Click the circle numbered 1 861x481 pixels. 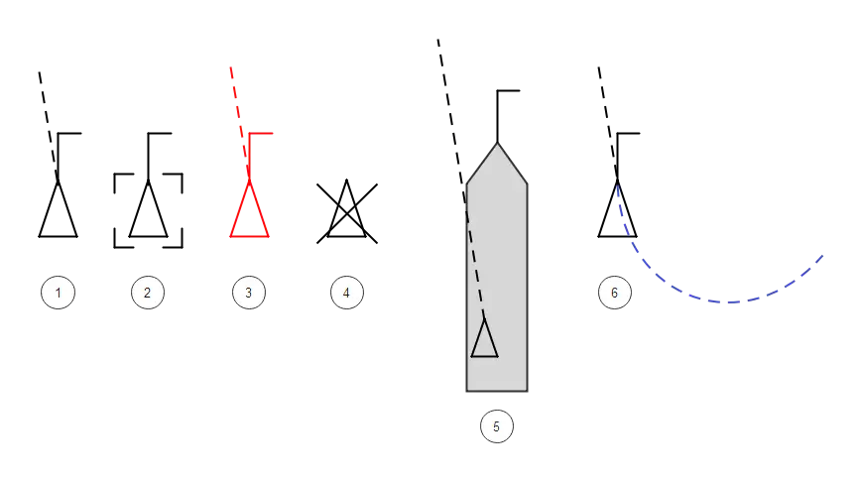pyautogui.click(x=59, y=293)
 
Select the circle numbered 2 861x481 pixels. pyautogui.click(x=147, y=293)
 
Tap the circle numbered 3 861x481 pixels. pyautogui.click(x=248, y=293)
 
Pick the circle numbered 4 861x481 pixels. pyautogui.click(x=346, y=293)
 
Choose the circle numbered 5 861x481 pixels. pyautogui.click(x=496, y=426)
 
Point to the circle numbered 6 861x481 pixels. pyautogui.click(x=614, y=293)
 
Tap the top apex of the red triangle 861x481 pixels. pyautogui.click(x=249, y=180)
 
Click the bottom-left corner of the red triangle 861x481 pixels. pyautogui.click(x=231, y=236)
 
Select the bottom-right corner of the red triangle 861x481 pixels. pyautogui.click(x=268, y=236)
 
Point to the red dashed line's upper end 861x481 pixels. pyautogui.click(x=230, y=66)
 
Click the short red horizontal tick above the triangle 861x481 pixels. pyautogui.click(x=264, y=132)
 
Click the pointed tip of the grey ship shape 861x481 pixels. pyautogui.click(x=497, y=145)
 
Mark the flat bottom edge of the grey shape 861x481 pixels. pyautogui.click(x=497, y=392)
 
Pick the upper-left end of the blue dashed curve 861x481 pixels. pyautogui.click(x=615, y=185)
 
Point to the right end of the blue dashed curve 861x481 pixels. pyautogui.click(x=822, y=256)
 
